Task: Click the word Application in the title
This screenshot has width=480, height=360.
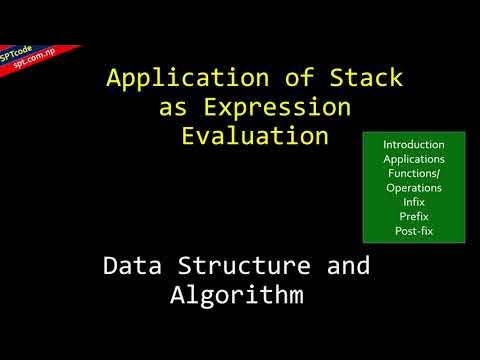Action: click(175, 78)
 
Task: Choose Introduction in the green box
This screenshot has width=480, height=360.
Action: click(414, 145)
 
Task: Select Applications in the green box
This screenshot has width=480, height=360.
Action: click(414, 159)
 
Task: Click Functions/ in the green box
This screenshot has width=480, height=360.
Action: click(414, 173)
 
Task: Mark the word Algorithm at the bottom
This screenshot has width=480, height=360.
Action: click(236, 296)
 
